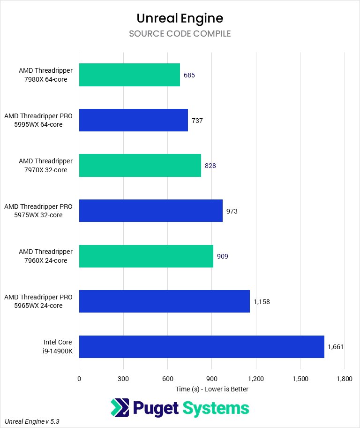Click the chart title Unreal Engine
(180, 18)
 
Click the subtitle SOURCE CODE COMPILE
(180, 34)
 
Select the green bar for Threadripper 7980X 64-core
(129, 75)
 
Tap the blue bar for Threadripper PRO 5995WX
(133, 120)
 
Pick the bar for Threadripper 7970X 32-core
(140, 166)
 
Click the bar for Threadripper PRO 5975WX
(150, 211)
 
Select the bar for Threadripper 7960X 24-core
(146, 256)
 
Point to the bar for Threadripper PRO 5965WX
(164, 301)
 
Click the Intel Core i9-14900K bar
(202, 347)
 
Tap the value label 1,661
(336, 347)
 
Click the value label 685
(189, 75)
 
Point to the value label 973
(232, 211)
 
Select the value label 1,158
(262, 302)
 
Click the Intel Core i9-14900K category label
(58, 347)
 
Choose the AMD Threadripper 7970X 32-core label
(46, 166)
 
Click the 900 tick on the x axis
(212, 379)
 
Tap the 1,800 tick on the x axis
(344, 379)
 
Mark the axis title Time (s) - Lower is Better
(212, 389)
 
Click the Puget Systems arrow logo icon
(120, 408)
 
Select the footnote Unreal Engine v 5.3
(32, 421)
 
